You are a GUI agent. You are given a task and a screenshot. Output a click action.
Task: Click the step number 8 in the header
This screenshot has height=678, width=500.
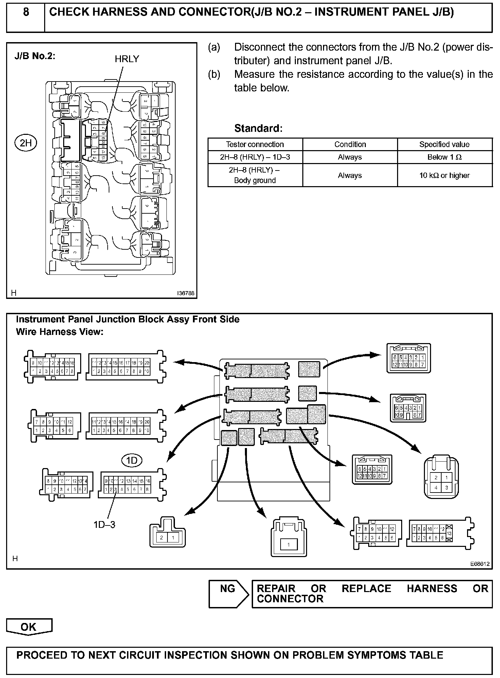point(26,13)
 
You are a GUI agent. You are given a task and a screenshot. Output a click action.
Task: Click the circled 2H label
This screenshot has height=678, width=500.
point(25,143)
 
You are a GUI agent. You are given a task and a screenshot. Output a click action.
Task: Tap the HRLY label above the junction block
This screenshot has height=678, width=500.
point(127,59)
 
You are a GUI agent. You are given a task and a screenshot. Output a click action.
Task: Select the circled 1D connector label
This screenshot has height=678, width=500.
point(131,461)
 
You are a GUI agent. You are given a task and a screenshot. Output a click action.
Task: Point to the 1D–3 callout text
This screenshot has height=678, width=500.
point(104,524)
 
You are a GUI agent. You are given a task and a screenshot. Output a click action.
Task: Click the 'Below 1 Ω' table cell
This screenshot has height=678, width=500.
point(444,157)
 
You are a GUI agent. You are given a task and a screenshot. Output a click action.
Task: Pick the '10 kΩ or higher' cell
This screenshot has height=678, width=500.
point(444,175)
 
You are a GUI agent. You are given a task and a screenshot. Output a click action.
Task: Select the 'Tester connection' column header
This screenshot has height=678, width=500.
point(255,144)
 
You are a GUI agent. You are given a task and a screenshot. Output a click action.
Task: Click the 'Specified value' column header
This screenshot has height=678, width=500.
point(444,144)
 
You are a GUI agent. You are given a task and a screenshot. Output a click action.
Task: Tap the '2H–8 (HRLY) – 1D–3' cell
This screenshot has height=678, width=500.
point(255,157)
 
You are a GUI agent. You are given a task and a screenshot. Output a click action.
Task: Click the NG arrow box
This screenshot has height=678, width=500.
point(228,594)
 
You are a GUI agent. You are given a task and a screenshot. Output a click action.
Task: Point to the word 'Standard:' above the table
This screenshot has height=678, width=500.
point(258,128)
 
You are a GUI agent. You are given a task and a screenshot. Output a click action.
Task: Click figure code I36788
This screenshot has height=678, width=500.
point(185,293)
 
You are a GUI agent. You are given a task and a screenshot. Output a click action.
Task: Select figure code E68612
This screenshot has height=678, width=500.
point(480,564)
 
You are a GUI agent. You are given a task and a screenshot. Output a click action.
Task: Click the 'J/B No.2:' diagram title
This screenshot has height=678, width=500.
point(35,56)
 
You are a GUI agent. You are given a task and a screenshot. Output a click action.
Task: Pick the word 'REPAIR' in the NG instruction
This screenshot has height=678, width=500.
point(276,588)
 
